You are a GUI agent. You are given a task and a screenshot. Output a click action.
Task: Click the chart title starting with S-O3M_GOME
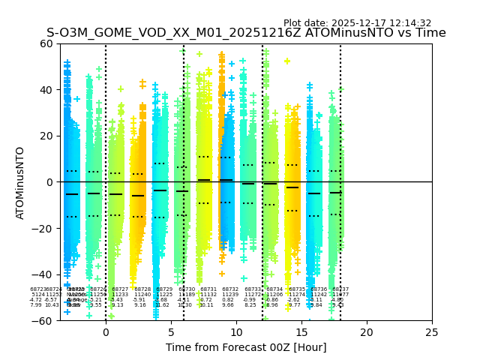click(x=246, y=33)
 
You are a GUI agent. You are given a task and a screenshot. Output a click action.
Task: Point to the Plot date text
click(x=357, y=23)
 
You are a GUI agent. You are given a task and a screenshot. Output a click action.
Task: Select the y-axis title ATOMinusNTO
click(x=20, y=182)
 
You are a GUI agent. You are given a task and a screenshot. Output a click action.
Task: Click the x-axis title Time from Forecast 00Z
click(x=246, y=347)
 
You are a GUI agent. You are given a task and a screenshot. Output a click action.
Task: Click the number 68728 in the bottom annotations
click(x=142, y=289)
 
